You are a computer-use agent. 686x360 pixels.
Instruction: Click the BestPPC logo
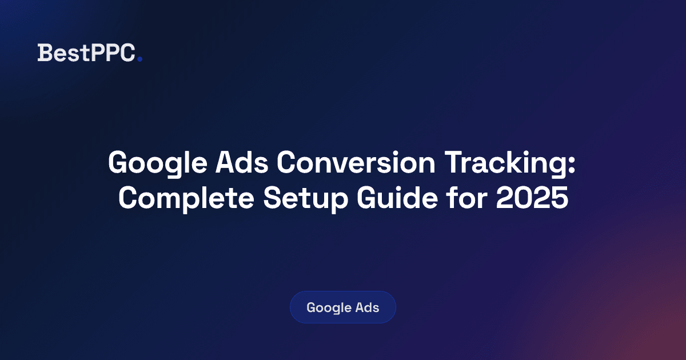[89, 53]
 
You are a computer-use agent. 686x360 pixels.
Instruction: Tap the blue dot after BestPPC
[139, 58]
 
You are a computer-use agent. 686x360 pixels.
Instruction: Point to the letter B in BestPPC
[43, 53]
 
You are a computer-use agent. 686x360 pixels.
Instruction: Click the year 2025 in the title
[536, 198]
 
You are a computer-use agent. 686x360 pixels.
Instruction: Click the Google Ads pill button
[342, 307]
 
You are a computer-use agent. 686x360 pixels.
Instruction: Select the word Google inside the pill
[329, 308]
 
